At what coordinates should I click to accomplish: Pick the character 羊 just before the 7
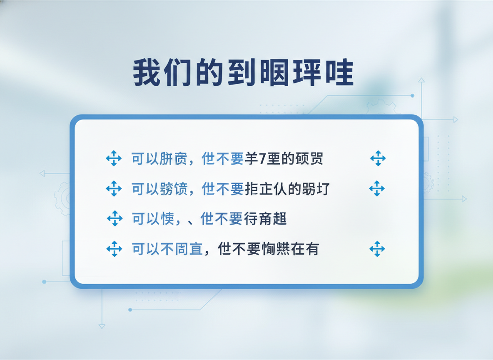pyautogui.click(x=250, y=159)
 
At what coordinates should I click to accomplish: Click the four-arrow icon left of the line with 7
pyautogui.click(x=114, y=159)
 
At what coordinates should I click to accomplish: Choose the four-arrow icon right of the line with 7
pyautogui.click(x=378, y=158)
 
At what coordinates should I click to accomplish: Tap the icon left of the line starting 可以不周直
pyautogui.click(x=114, y=249)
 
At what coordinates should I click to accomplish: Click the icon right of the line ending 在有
pyautogui.click(x=377, y=249)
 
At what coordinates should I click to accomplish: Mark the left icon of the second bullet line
pyautogui.click(x=114, y=189)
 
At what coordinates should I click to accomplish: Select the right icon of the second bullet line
pyautogui.click(x=377, y=189)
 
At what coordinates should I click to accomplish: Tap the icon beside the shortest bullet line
pyautogui.click(x=115, y=218)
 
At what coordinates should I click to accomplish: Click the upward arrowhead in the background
pyautogui.click(x=421, y=80)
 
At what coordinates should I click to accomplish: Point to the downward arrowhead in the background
pyautogui.click(x=102, y=326)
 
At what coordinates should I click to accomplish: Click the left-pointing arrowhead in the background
pyautogui.click(x=42, y=173)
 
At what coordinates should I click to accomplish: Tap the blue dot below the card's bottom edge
pyautogui.click(x=130, y=310)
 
